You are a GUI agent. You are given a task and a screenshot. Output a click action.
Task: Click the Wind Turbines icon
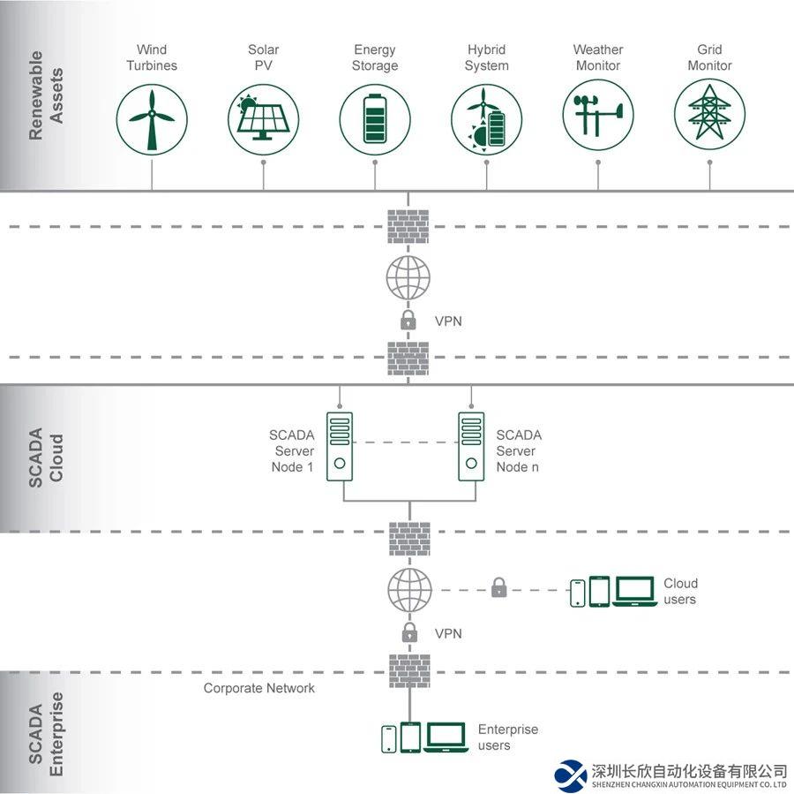point(152,119)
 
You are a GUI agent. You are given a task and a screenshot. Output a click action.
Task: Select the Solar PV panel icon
point(263,119)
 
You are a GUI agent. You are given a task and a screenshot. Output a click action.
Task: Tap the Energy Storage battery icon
point(375,119)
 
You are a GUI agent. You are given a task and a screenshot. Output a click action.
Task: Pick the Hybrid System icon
point(486,119)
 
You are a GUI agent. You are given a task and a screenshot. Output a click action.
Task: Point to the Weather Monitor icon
point(598,119)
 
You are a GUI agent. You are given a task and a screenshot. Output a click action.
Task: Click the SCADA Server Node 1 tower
point(340,447)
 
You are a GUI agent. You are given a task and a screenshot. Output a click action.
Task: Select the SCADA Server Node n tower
point(471,447)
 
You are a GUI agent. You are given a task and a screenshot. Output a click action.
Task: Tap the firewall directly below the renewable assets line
point(408,227)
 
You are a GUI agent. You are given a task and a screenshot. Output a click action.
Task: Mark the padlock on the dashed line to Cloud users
point(498,587)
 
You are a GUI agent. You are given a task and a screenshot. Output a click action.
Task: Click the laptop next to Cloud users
point(634,591)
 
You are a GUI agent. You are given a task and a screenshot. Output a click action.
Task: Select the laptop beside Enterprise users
point(446,737)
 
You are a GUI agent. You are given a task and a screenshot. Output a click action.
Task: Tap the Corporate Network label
point(259,688)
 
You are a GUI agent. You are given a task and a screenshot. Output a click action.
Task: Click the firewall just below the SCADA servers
point(409,539)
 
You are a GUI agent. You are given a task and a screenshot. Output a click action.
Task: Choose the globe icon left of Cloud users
point(409,590)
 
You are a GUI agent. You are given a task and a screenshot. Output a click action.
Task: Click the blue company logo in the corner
point(570,775)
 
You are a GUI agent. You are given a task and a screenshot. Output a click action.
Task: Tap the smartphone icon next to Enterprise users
point(389,738)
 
